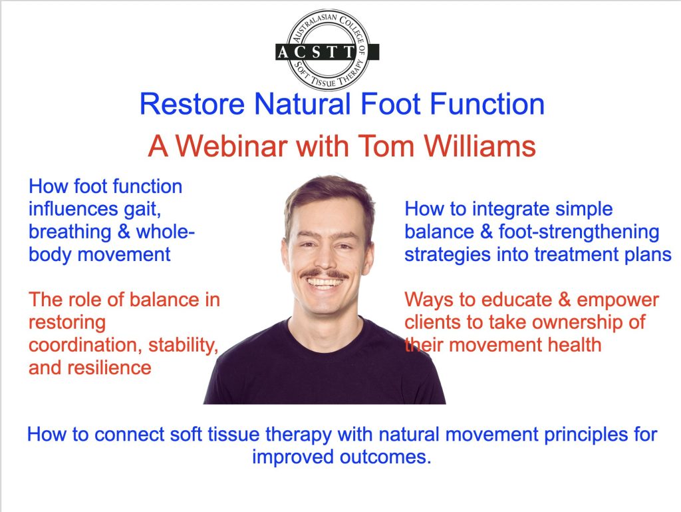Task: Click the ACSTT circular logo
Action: click(327, 50)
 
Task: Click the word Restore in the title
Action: click(192, 105)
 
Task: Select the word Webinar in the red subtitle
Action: click(231, 146)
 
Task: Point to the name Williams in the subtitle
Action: click(480, 146)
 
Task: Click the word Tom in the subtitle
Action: click(386, 146)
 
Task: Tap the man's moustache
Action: click(324, 274)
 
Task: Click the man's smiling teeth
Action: click(325, 283)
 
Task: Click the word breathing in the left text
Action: click(70, 232)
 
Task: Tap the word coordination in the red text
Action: click(85, 345)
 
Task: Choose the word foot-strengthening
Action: click(579, 232)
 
